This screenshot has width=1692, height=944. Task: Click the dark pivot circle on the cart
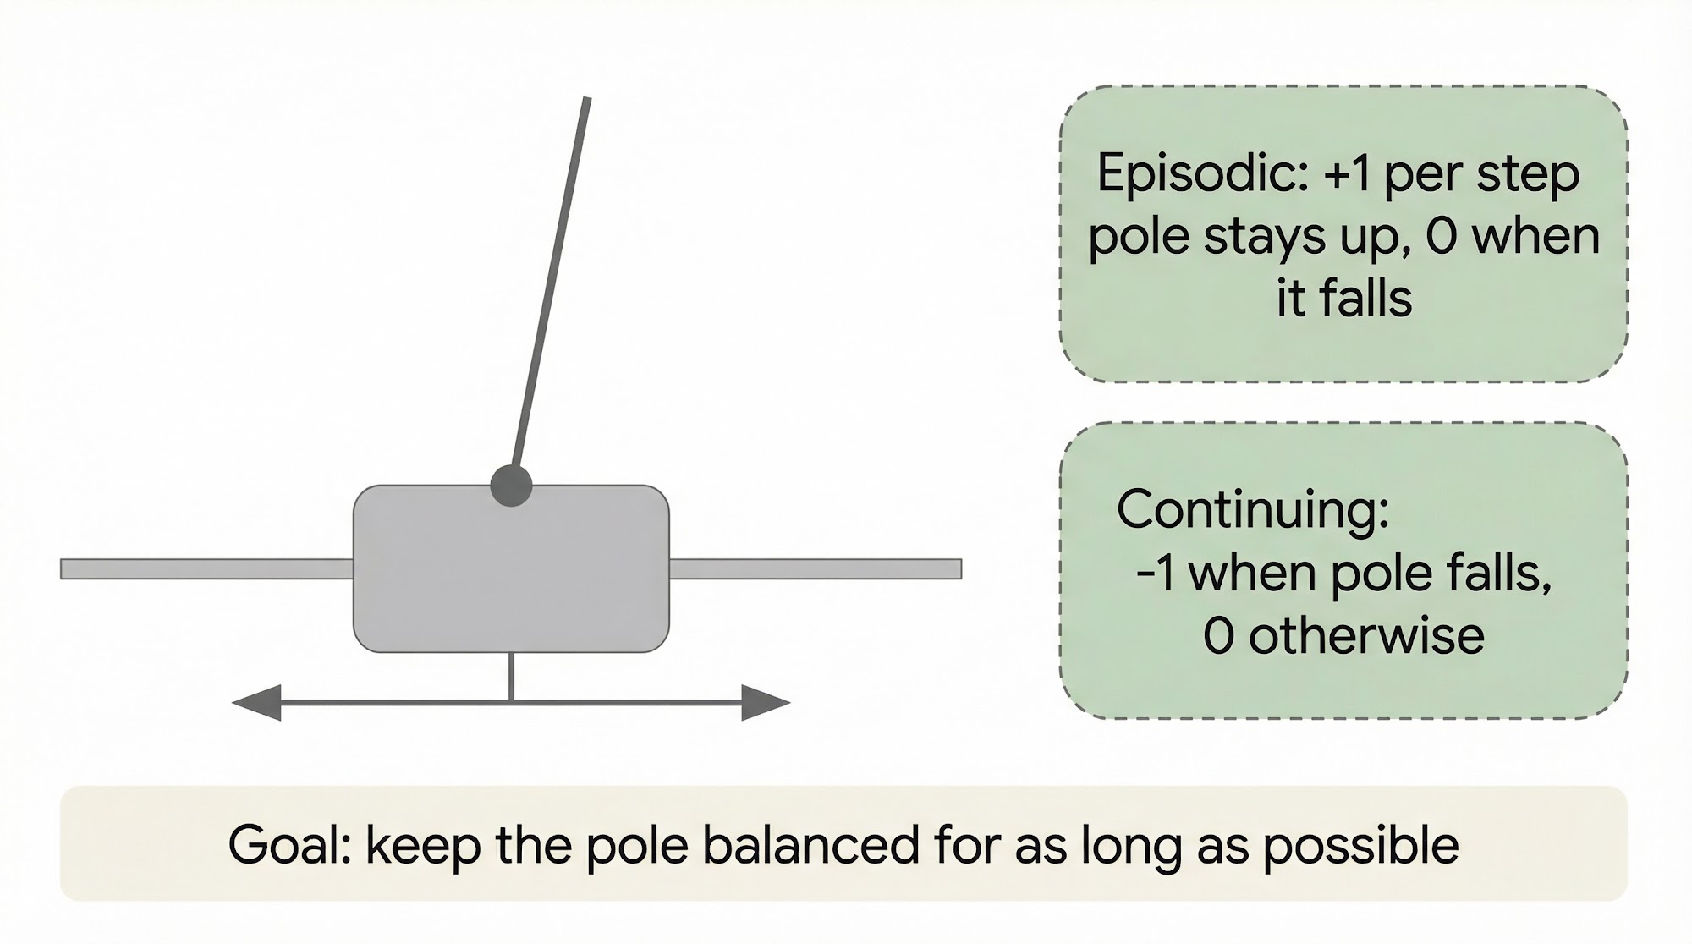(x=511, y=486)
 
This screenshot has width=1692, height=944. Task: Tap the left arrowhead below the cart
(x=256, y=702)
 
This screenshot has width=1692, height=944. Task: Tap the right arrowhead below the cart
(x=766, y=702)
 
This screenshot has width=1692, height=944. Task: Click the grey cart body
(x=511, y=568)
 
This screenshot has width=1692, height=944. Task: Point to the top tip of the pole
(x=587, y=98)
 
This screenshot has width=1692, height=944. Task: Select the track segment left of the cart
(x=207, y=568)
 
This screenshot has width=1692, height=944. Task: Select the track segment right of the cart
(x=816, y=568)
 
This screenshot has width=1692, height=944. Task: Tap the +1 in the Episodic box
(x=1349, y=174)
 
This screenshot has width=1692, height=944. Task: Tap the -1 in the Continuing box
(x=1156, y=574)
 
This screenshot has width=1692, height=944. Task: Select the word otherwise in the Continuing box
(x=1366, y=636)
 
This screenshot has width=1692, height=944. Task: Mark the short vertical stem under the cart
(x=511, y=677)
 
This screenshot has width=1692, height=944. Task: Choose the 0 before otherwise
(x=1218, y=637)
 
